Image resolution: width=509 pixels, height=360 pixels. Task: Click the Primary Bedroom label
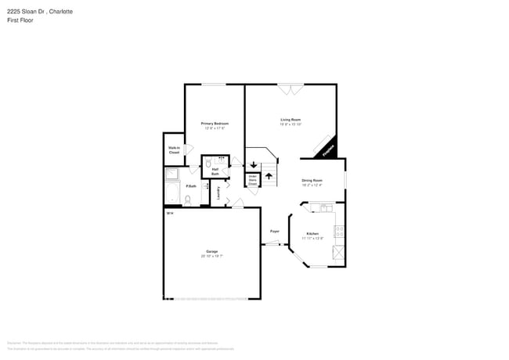(x=215, y=124)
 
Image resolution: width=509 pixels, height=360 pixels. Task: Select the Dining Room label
(x=312, y=181)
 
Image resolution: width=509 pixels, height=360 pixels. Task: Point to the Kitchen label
(x=312, y=234)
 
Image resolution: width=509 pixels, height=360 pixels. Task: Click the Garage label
(x=211, y=251)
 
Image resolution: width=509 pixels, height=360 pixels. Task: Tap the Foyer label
(x=275, y=231)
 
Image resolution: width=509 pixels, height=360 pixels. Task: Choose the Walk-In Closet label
(x=174, y=149)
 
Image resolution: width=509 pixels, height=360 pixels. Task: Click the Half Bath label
(x=215, y=172)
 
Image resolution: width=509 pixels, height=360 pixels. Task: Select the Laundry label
(x=218, y=193)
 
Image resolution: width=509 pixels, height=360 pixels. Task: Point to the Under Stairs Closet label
(x=253, y=180)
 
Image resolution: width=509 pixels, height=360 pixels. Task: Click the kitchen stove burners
(x=339, y=232)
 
